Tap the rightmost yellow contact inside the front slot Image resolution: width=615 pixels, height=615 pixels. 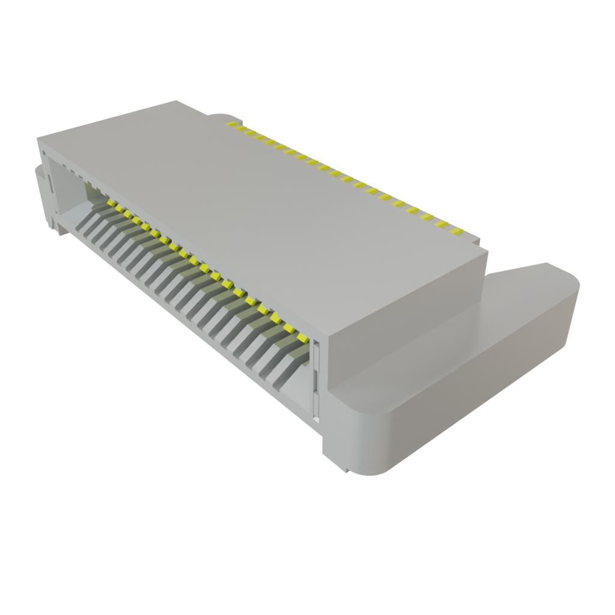(x=288, y=328)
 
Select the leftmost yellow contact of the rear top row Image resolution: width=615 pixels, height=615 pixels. (x=229, y=123)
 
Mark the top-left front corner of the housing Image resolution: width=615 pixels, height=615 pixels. (x=38, y=139)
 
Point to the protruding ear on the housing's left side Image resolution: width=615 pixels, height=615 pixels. (x=40, y=192)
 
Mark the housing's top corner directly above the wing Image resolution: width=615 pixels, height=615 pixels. (x=488, y=251)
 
